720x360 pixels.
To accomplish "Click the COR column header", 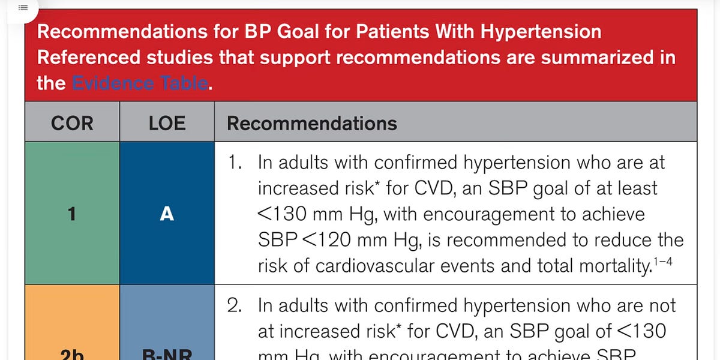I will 72,124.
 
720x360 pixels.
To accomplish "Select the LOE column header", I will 167,124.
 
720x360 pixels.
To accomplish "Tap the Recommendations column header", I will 311,124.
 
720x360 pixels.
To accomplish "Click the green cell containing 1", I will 72,213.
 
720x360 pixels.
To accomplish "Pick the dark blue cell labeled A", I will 167,213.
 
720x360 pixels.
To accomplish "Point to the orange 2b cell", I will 72,324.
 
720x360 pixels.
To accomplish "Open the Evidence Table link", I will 140,83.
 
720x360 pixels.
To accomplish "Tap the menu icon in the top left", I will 23,8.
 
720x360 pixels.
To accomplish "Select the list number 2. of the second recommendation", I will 235,305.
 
